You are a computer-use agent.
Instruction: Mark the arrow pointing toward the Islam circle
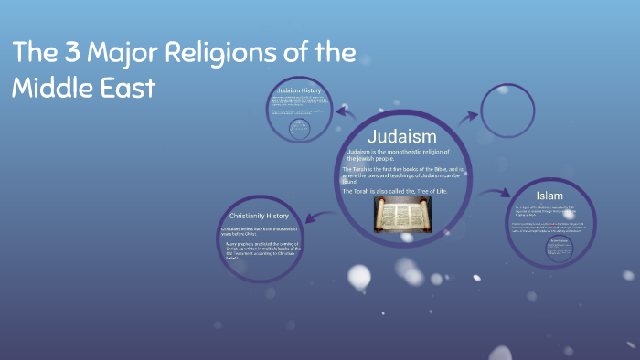495,193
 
